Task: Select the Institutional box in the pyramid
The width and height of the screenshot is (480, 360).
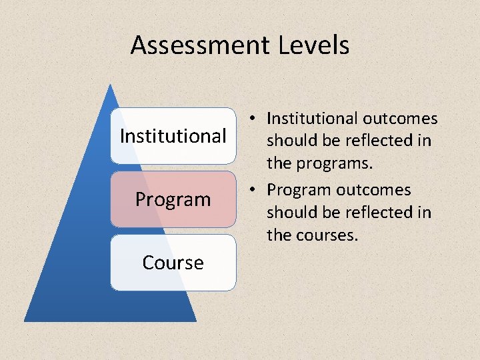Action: point(173,136)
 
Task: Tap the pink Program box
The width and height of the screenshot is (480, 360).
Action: point(173,199)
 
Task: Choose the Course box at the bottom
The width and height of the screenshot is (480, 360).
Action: point(173,263)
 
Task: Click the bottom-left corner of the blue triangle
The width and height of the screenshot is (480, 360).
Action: point(25,321)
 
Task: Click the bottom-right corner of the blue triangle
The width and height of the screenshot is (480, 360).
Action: point(196,321)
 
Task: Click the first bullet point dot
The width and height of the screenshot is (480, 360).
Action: point(255,119)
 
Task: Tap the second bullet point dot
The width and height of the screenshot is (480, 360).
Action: point(255,190)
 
